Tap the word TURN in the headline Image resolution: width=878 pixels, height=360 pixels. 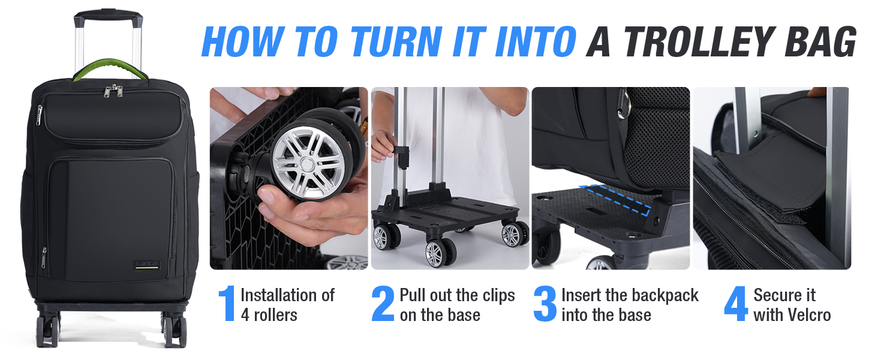point(396,41)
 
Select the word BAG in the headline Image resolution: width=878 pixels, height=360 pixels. point(820,41)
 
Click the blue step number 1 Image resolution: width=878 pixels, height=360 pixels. point(227,304)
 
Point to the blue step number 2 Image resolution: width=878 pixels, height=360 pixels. point(383,304)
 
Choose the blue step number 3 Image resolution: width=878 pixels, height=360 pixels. point(545,304)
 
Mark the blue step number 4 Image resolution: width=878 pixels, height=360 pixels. point(736,304)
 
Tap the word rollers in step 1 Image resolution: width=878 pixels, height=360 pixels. point(275,315)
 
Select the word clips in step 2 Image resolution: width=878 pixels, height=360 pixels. point(498,296)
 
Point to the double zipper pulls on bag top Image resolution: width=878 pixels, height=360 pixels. point(113,91)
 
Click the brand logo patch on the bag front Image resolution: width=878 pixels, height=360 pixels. point(147,265)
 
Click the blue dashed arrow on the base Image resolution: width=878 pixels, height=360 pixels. point(615,199)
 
